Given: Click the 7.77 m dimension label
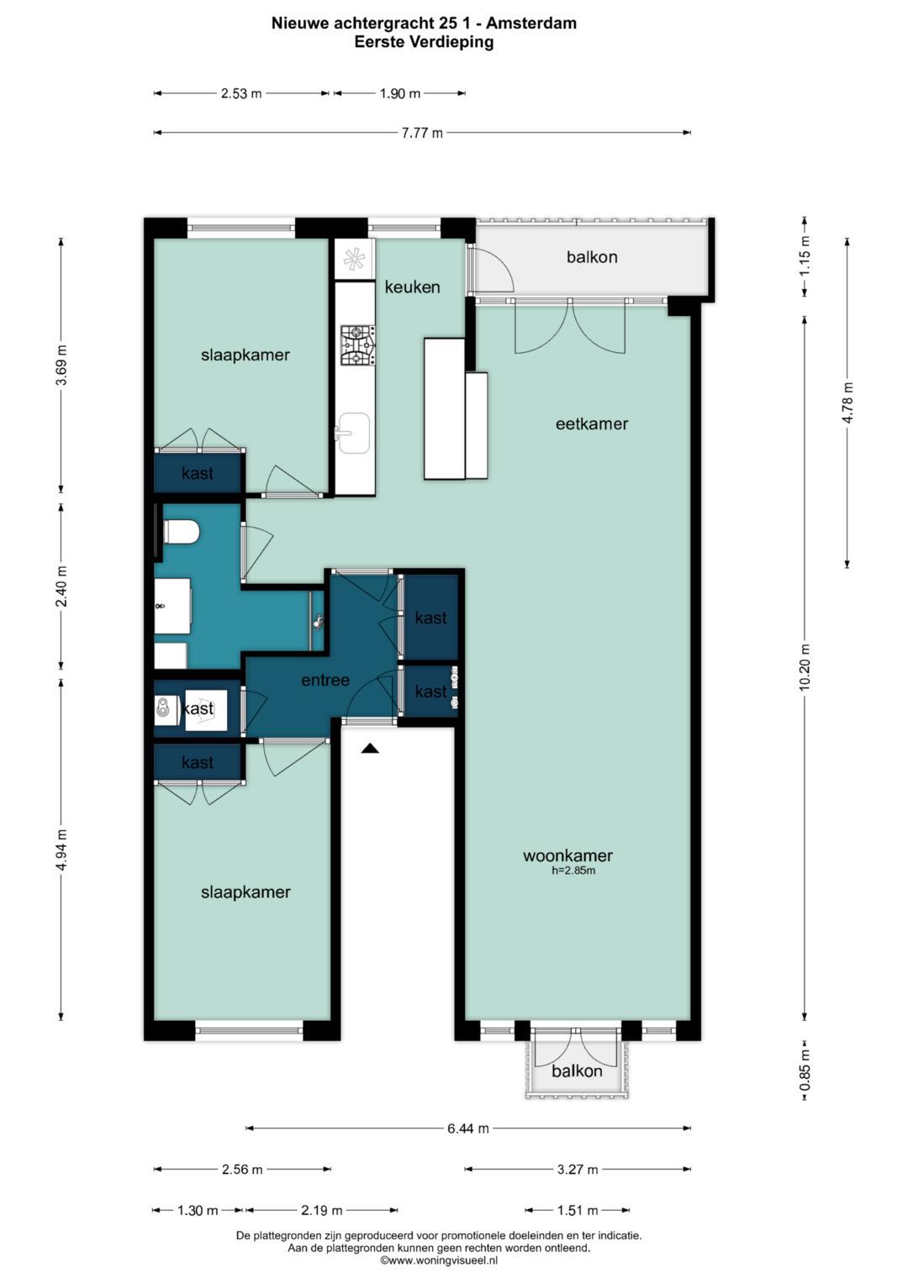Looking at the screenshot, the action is tap(422, 133).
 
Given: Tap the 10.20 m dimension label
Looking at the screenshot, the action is tap(805, 667).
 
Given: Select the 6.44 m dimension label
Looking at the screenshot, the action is tap(468, 1128).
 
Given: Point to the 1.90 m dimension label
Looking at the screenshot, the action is tap(400, 93).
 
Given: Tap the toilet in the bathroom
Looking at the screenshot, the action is tap(181, 532).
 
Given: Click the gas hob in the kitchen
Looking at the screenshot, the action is tap(357, 345).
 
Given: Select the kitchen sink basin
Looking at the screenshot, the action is tap(353, 433).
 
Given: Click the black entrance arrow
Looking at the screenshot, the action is tap(370, 748).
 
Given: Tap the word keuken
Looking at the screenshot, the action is tap(412, 287).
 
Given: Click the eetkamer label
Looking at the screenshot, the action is tap(592, 423).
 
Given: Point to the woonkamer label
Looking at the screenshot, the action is tap(567, 855).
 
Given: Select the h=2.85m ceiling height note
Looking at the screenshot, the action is tap(573, 871).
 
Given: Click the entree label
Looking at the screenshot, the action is tap(325, 680).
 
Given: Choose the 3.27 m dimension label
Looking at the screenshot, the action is tap(578, 1170).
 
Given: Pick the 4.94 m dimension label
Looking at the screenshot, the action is tap(62, 849).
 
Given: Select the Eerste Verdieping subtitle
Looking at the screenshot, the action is tap(424, 42).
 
